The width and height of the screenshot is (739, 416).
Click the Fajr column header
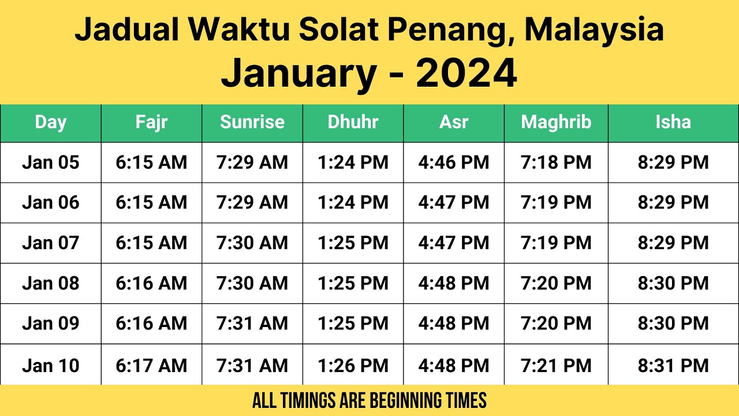click(151, 122)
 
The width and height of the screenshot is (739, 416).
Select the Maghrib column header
click(556, 122)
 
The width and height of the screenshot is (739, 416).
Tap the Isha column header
click(673, 122)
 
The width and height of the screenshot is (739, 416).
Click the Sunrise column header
click(252, 122)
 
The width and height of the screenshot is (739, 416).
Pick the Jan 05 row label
click(51, 162)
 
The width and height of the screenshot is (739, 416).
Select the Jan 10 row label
click(51, 365)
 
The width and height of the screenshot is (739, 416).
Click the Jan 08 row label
click(51, 283)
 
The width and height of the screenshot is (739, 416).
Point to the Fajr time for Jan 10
click(151, 365)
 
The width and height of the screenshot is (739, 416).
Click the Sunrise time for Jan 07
click(252, 243)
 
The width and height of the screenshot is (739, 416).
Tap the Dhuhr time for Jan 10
click(353, 365)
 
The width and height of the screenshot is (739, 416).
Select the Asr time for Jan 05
click(454, 162)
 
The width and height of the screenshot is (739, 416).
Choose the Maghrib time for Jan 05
click(556, 162)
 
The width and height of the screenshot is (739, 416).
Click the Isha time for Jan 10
click(673, 365)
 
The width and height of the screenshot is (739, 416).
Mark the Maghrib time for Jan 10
click(556, 365)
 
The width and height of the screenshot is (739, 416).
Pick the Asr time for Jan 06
click(454, 202)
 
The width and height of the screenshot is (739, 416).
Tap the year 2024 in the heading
click(466, 73)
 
